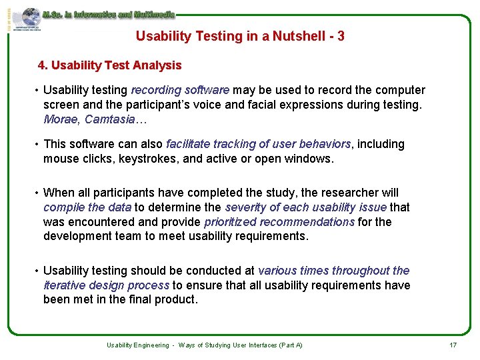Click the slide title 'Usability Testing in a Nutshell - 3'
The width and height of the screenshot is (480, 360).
pos(240,36)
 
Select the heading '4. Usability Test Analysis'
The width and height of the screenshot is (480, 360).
pos(110,65)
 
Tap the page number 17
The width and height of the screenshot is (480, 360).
pos(453,345)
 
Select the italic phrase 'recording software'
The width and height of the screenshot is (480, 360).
pos(180,90)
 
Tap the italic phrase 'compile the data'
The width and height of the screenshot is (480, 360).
pos(87,207)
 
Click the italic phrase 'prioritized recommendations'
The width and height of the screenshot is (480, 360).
pos(279,221)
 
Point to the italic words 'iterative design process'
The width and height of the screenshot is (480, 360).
pos(106,285)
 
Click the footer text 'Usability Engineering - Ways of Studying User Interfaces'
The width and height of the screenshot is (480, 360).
pos(205,345)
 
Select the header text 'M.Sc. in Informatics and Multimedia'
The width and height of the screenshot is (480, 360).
pos(108,13)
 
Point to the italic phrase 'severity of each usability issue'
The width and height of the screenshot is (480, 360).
pos(306,207)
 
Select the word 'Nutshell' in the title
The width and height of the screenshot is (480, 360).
pos(289,36)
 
